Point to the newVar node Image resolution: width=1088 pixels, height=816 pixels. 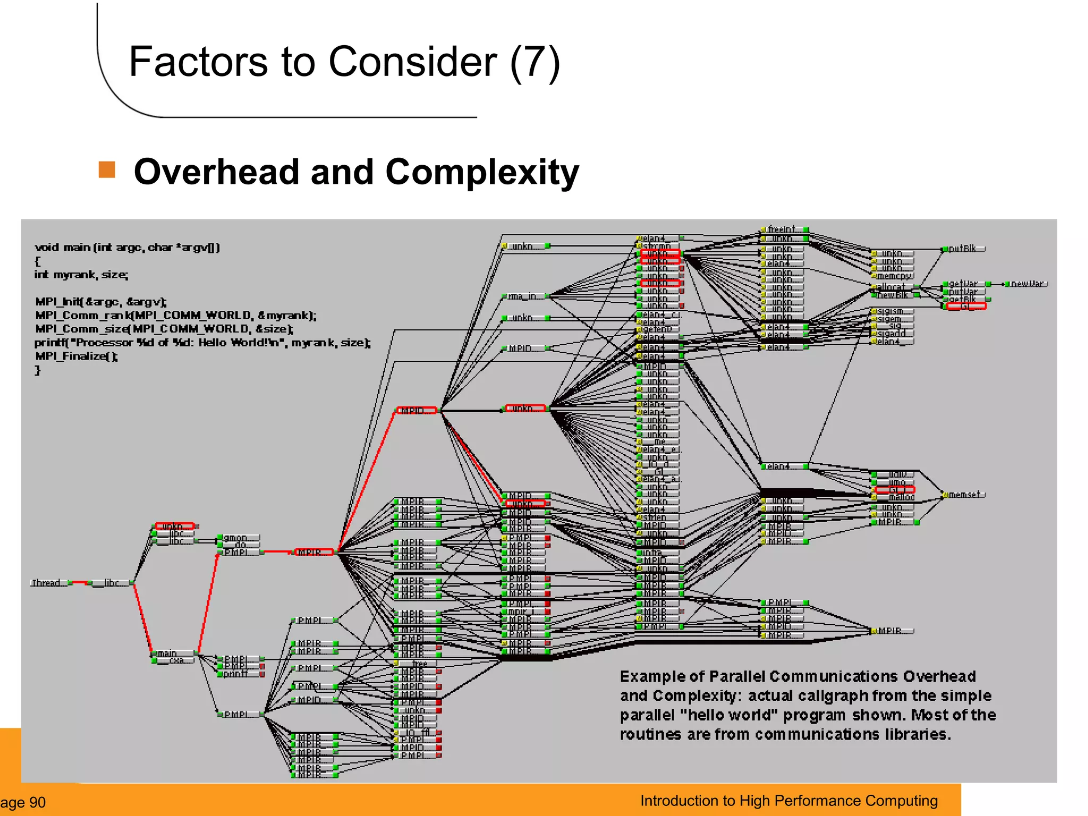click(1026, 284)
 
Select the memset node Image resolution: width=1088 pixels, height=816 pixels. click(964, 495)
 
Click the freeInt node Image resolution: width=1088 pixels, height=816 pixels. click(783, 229)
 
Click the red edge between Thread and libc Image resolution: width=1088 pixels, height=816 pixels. click(80, 583)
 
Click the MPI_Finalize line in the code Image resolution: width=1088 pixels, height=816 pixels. click(76, 356)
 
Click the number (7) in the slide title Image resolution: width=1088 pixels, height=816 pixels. click(534, 62)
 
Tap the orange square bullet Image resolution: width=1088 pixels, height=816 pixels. click(107, 170)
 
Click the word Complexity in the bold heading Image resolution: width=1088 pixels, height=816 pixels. click(482, 172)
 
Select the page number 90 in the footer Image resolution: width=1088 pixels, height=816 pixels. click(37, 802)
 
